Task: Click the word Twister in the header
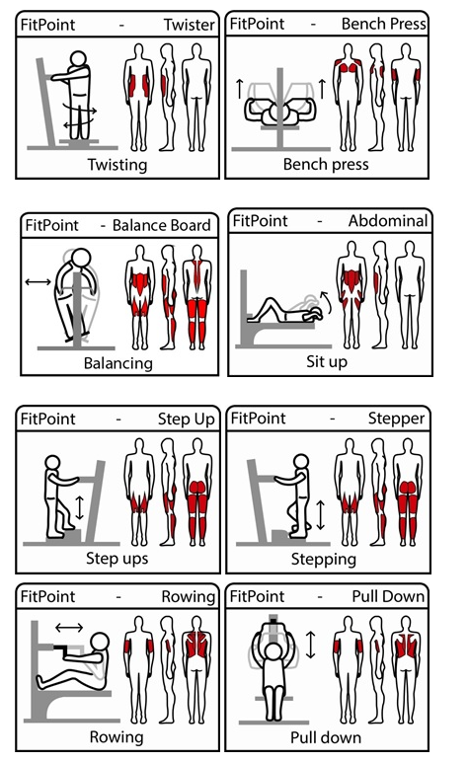[x=189, y=25]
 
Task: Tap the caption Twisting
[x=117, y=165]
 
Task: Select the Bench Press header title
[x=384, y=24]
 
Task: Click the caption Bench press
[x=326, y=164]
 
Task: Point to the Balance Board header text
[x=162, y=225]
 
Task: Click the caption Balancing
[x=118, y=363]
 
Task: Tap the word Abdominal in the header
[x=388, y=221]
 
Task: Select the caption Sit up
[x=327, y=361]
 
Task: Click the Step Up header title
[x=186, y=419]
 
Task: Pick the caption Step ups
[x=117, y=558]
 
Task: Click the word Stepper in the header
[x=396, y=418]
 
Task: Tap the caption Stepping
[x=324, y=559]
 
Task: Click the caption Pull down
[x=326, y=737]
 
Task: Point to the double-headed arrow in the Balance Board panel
[x=38, y=281]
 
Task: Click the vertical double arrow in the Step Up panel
[x=80, y=507]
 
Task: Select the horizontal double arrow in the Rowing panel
[x=69, y=628]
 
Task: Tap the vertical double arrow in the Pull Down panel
[x=311, y=646]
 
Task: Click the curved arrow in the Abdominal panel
[x=325, y=302]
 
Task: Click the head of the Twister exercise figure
[x=78, y=59]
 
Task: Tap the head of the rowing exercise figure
[x=101, y=643]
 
